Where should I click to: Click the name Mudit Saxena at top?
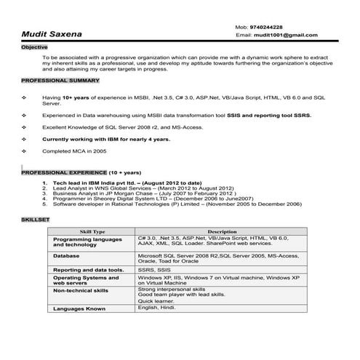click(x=51, y=33)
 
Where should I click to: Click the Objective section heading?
click(x=34, y=46)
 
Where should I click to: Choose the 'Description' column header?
click(x=222, y=231)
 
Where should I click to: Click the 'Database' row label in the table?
click(x=67, y=257)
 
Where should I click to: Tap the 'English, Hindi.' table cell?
click(x=156, y=308)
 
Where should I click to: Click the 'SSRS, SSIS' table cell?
click(x=153, y=269)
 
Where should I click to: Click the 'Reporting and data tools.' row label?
click(x=88, y=269)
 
